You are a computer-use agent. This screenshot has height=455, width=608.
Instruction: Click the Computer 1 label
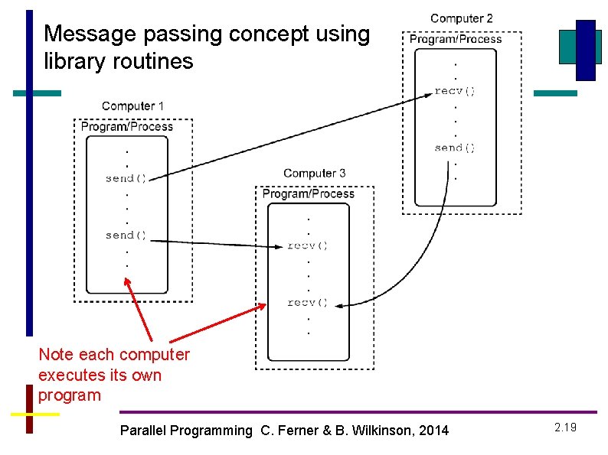(x=132, y=106)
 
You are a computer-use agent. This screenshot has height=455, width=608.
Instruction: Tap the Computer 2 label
(x=461, y=18)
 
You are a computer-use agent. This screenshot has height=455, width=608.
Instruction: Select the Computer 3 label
(x=314, y=174)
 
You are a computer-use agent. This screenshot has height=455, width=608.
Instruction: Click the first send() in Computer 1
(x=126, y=178)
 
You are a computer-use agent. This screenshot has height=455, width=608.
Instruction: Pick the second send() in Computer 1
(x=126, y=235)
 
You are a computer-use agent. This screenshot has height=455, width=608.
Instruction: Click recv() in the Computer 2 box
(x=455, y=91)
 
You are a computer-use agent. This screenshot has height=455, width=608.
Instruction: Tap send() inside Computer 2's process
(x=455, y=148)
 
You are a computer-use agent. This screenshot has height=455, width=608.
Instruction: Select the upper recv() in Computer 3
(x=308, y=245)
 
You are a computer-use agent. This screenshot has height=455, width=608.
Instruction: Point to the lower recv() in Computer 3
(x=308, y=302)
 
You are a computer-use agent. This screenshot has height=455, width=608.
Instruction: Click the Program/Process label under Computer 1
(x=127, y=126)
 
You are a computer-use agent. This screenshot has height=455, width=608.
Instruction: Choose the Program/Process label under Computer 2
(x=456, y=39)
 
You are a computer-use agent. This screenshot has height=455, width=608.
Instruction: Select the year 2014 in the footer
(x=434, y=431)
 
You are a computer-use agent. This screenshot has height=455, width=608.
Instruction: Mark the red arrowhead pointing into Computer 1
(x=127, y=281)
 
